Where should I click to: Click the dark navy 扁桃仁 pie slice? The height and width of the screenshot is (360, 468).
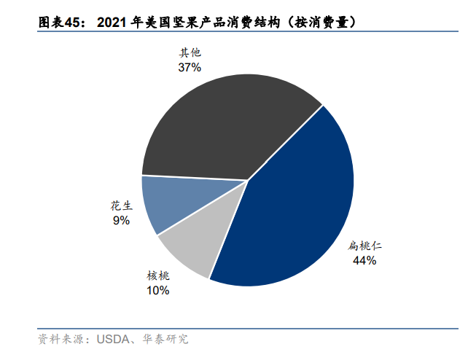pyautogui.click(x=292, y=211)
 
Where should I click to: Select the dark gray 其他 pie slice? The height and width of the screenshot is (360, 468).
pyautogui.click(x=226, y=124)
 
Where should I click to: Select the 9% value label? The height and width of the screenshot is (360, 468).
pyautogui.click(x=121, y=220)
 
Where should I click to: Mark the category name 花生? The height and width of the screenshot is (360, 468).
pyautogui.click(x=121, y=206)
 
